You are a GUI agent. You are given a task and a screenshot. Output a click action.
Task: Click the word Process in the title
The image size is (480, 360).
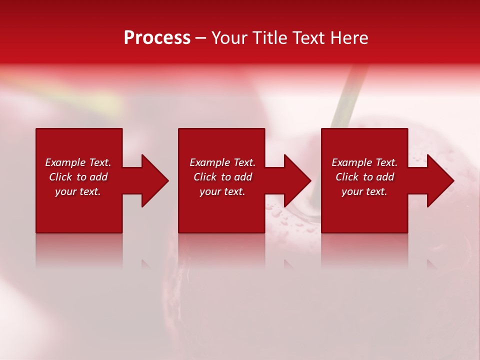click(157, 38)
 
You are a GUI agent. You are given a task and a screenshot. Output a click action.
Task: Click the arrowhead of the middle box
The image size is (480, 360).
click(296, 180)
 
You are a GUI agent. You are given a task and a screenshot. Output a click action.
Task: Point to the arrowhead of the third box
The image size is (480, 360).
click(439, 180)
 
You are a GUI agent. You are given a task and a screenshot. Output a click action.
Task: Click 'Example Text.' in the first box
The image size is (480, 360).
click(78, 162)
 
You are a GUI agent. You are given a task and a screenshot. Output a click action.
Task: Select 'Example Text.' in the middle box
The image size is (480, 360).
click(222, 162)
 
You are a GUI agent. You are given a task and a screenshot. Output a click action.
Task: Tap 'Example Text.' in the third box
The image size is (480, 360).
click(364, 162)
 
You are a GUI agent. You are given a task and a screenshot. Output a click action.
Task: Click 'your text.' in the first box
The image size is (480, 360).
click(78, 191)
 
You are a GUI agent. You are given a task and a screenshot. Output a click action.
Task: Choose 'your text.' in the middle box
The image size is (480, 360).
click(222, 191)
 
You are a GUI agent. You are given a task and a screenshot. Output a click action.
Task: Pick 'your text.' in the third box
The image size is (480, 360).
click(364, 191)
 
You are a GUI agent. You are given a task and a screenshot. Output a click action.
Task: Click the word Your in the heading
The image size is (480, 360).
click(230, 38)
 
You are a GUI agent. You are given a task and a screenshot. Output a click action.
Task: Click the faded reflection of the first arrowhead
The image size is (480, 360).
click(146, 264)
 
